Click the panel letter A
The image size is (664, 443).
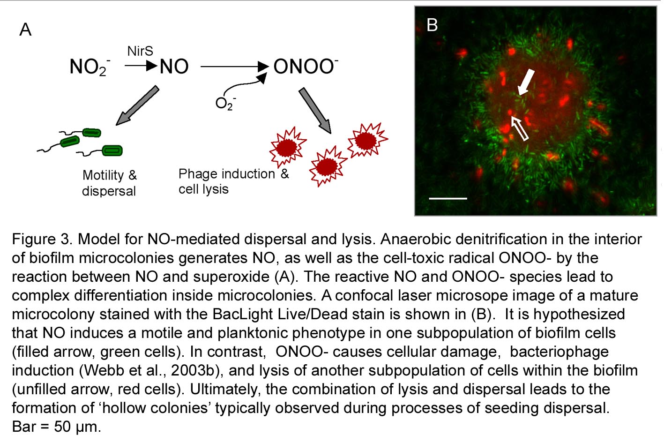coord(25,30)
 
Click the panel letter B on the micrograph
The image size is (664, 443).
coord(432,25)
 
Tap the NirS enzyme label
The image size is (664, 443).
coord(140,51)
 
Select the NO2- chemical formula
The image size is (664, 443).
coord(89,67)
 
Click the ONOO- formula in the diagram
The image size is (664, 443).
coord(305,67)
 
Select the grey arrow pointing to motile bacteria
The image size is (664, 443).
coord(137,105)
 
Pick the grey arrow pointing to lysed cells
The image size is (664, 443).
coord(315,110)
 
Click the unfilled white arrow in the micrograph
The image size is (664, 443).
coord(520,128)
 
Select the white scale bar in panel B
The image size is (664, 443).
coord(448,199)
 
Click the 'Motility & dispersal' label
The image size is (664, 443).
coord(109,183)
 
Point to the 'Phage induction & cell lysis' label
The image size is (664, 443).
coord(233,181)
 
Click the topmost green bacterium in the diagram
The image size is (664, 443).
coord(91,133)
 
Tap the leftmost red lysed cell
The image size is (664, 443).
coord(287,147)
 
